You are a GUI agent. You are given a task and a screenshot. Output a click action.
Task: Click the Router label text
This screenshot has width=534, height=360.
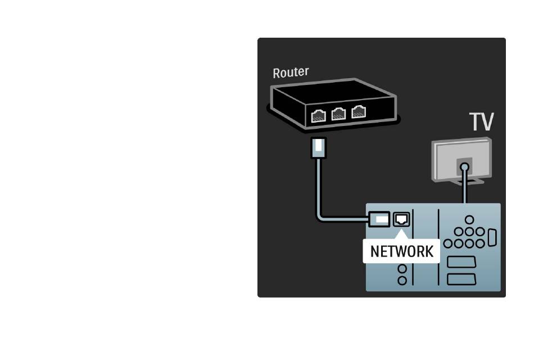pos(291,72)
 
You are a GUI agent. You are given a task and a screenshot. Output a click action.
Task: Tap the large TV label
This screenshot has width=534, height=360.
pos(481,121)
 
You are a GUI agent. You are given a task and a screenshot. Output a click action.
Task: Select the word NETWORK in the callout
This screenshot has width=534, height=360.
pos(401,251)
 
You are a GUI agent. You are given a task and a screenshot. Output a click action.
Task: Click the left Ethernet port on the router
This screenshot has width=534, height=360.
pos(318,116)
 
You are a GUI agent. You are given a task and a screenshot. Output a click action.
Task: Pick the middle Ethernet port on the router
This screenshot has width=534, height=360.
pos(338,114)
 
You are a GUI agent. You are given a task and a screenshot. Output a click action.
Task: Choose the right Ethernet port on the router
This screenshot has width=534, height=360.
pos(358,111)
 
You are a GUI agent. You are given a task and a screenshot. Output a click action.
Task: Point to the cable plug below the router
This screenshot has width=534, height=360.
pos(318,147)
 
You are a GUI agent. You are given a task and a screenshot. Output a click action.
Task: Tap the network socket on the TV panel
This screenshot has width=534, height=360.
pos(401,219)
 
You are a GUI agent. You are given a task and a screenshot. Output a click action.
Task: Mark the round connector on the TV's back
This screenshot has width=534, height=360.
pos(464,167)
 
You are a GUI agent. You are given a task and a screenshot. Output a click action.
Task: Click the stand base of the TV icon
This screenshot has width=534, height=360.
pos(468,181)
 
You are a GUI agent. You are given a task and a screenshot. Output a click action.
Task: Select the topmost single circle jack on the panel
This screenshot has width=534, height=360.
pos(469,220)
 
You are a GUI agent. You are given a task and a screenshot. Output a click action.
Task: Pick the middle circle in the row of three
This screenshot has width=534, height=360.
pos(469,232)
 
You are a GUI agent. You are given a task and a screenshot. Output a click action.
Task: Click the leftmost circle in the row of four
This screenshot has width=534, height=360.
pos(448,244)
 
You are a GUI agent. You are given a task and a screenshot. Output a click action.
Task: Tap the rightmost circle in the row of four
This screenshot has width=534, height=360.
pos(480,244)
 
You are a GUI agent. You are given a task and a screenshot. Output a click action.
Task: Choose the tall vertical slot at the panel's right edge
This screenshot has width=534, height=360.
pos(492,237)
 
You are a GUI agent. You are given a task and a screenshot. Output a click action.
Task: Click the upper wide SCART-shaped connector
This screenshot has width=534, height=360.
pos(461,262)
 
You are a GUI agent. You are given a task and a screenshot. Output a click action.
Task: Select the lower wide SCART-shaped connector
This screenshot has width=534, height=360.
pos(461,279)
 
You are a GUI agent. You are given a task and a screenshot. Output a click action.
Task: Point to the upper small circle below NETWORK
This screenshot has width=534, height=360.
pos(402,269)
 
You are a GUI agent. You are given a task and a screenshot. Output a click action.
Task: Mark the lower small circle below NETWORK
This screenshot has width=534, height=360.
pos(402,281)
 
